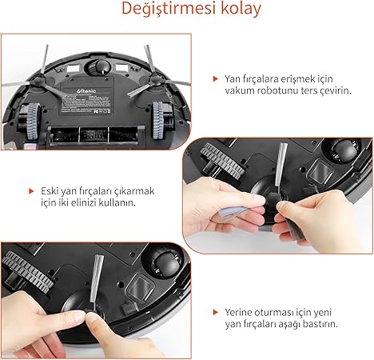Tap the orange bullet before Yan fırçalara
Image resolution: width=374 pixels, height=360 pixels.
click(x=215, y=78)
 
